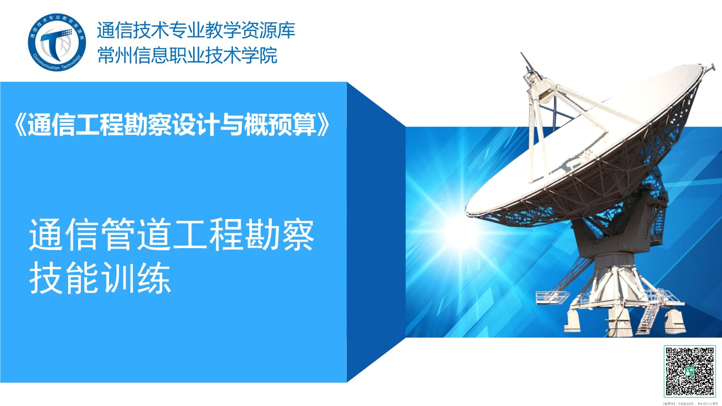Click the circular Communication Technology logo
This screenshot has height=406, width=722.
pyautogui.click(x=57, y=42)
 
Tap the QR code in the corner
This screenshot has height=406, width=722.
pyautogui.click(x=690, y=371)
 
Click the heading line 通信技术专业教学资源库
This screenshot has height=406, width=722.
pyautogui.click(x=196, y=31)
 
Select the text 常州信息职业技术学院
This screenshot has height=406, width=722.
pyautogui.click(x=187, y=55)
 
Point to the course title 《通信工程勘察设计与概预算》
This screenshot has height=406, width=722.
pyautogui.click(x=173, y=125)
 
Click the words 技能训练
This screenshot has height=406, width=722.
pyautogui.click(x=100, y=279)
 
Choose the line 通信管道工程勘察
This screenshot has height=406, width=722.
pyautogui.click(x=172, y=234)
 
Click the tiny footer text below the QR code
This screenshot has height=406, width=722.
pyautogui.click(x=690, y=403)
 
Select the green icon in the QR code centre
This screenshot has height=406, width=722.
pyautogui.click(x=690, y=371)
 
